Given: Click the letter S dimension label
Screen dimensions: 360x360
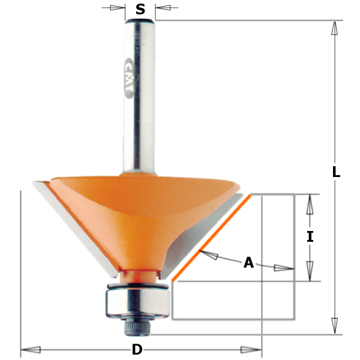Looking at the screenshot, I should (x=140, y=9).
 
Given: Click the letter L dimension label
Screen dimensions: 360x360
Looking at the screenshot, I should (x=336, y=172).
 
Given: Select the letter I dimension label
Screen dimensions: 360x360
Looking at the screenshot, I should (x=310, y=237).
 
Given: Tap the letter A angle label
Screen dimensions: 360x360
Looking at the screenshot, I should (x=248, y=263).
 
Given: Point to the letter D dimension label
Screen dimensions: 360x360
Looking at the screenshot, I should (x=137, y=350).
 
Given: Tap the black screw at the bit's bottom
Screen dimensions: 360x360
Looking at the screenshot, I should (x=136, y=328).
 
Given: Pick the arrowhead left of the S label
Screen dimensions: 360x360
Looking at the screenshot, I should (x=116, y=8).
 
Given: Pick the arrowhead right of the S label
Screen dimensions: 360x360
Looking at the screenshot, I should (x=164, y=8).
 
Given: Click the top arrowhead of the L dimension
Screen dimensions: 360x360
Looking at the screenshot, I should (x=334, y=28).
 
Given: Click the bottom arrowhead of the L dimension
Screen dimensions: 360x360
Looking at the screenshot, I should (x=334, y=326).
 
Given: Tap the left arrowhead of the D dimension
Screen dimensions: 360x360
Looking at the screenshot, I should (x=31, y=350).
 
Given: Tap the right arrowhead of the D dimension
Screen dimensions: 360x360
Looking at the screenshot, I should (x=251, y=350).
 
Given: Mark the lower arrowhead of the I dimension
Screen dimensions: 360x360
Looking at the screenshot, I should (x=310, y=271).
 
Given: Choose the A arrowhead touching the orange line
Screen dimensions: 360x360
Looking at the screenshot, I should (x=209, y=256).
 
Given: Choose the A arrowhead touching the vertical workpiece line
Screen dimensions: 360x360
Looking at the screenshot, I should (x=284, y=268).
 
